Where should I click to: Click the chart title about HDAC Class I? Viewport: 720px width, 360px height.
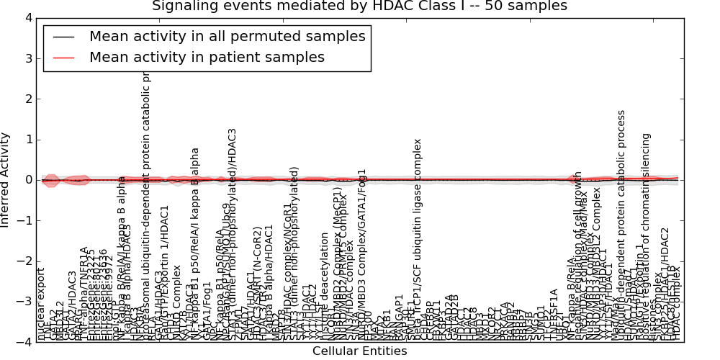click(359, 6)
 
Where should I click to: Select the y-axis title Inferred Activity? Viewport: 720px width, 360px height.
click(6, 180)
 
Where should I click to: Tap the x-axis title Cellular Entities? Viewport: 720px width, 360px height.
click(359, 351)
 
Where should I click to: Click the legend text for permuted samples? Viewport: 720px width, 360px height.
click(227, 37)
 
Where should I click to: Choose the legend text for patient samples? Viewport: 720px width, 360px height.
click(207, 58)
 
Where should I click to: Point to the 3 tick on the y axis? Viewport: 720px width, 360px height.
click(27, 58)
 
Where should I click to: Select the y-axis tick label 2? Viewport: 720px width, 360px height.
click(27, 99)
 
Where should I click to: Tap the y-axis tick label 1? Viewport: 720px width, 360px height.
click(27, 140)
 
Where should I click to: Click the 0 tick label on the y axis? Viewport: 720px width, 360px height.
click(27, 180)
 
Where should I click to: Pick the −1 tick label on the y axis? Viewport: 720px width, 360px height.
click(24, 221)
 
